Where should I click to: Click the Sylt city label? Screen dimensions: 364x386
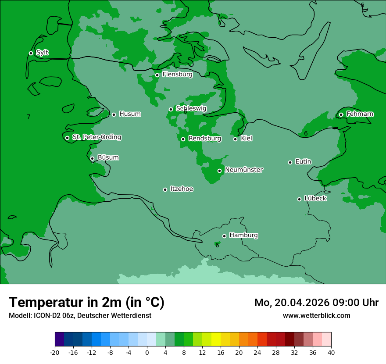[42, 53]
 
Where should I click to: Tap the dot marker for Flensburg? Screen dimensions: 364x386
[157, 75]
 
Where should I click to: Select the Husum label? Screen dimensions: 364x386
[130, 114]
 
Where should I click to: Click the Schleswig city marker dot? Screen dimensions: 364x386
[171, 109]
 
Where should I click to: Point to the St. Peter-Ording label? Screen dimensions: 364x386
[96, 137]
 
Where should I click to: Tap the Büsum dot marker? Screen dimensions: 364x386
[92, 158]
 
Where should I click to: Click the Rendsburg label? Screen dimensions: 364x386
[204, 139]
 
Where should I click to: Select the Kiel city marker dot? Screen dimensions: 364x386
[235, 139]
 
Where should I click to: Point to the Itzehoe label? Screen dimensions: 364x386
[182, 189]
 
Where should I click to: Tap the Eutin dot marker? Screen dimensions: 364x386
[290, 162]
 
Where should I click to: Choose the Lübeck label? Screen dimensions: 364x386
[315, 198]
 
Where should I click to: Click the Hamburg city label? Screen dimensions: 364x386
[243, 235]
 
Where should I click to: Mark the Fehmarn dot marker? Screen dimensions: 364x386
[341, 114]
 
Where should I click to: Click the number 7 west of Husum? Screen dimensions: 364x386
[29, 117]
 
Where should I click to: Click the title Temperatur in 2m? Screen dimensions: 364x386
[86, 303]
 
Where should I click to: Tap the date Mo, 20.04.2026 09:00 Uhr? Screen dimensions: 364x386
[316, 303]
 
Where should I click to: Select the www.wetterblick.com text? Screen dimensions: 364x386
[316, 315]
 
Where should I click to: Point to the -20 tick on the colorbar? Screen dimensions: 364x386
[55, 352]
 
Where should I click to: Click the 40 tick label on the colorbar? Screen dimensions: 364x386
[331, 352]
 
